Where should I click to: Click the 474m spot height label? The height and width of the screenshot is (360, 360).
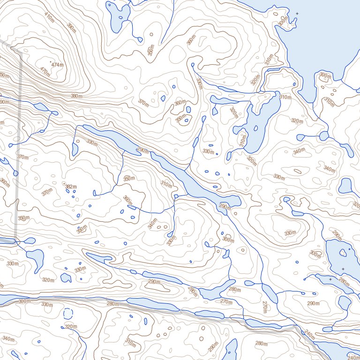(58, 65)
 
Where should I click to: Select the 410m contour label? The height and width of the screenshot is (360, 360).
(49, 16)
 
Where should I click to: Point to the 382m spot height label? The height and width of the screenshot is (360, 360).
(71, 187)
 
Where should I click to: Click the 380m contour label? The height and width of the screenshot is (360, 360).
(75, 96)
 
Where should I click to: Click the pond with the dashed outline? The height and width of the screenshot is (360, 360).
(68, 314)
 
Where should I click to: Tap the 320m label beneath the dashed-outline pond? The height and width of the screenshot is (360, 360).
(71, 326)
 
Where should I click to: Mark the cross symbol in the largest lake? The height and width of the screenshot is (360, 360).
(297, 13)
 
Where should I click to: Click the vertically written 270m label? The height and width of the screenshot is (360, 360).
(264, 307)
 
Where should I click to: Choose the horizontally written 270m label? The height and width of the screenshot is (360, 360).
(226, 302)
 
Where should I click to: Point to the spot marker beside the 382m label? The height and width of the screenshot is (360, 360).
(64, 184)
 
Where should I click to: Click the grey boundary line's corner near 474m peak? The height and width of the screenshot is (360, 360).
(21, 52)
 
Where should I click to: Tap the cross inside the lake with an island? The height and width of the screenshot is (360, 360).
(343, 269)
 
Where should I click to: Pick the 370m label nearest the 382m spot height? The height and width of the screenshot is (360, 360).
(46, 192)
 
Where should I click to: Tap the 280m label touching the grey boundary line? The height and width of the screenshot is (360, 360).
(112, 304)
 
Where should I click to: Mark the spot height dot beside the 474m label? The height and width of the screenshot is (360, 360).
(50, 62)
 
